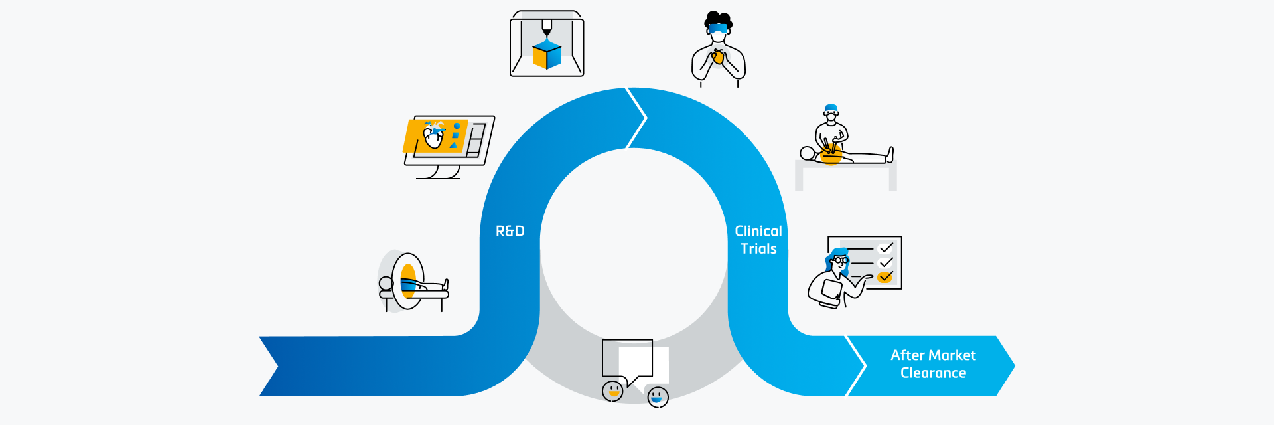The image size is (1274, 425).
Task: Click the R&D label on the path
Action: [x=510, y=231]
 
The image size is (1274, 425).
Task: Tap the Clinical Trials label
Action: [x=758, y=240]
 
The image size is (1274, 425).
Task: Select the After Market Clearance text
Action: [x=932, y=364]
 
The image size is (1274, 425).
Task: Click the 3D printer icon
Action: [x=547, y=44]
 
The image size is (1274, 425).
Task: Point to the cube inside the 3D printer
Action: [x=547, y=55]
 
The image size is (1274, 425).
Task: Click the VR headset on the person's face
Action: [x=717, y=29]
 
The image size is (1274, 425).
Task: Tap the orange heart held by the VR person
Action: [x=717, y=58]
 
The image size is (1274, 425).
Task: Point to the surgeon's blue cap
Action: [x=831, y=108]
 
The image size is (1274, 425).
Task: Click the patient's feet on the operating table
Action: [x=889, y=155]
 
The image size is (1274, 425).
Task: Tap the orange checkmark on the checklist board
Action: [x=885, y=277]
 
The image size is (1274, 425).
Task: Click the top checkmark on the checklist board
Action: [x=886, y=248]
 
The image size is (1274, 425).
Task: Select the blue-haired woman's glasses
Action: [x=840, y=260]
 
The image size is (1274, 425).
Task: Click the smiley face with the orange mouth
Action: [x=612, y=390]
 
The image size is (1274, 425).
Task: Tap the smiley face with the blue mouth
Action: [x=657, y=397]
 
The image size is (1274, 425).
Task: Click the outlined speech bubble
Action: [x=626, y=359]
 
